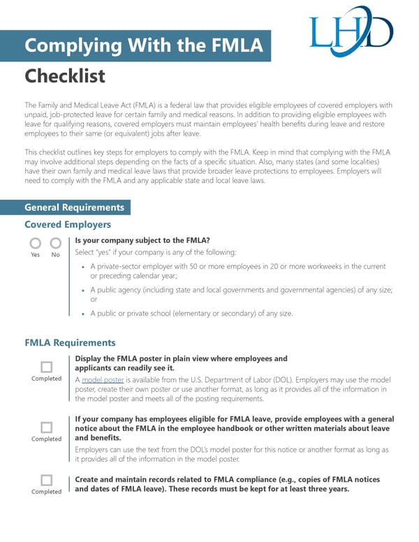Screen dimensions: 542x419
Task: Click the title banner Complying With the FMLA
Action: click(144, 46)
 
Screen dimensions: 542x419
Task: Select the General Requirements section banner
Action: click(74, 207)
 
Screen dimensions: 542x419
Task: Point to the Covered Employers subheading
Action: click(68, 224)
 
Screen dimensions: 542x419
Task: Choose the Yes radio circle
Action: click(35, 243)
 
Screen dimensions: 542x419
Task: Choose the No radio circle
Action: click(56, 243)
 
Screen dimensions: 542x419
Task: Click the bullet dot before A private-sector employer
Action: click(84, 267)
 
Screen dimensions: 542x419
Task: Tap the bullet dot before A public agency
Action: click(84, 290)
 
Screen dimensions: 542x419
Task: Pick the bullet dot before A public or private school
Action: click(84, 314)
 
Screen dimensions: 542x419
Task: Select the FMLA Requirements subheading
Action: click(70, 343)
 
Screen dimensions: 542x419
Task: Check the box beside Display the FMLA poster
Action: click(46, 367)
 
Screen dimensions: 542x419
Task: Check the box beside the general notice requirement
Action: click(46, 427)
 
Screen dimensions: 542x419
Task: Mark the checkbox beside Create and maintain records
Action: click(46, 480)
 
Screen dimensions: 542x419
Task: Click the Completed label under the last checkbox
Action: click(46, 492)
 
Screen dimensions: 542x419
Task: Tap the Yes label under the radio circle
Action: click(35, 255)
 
